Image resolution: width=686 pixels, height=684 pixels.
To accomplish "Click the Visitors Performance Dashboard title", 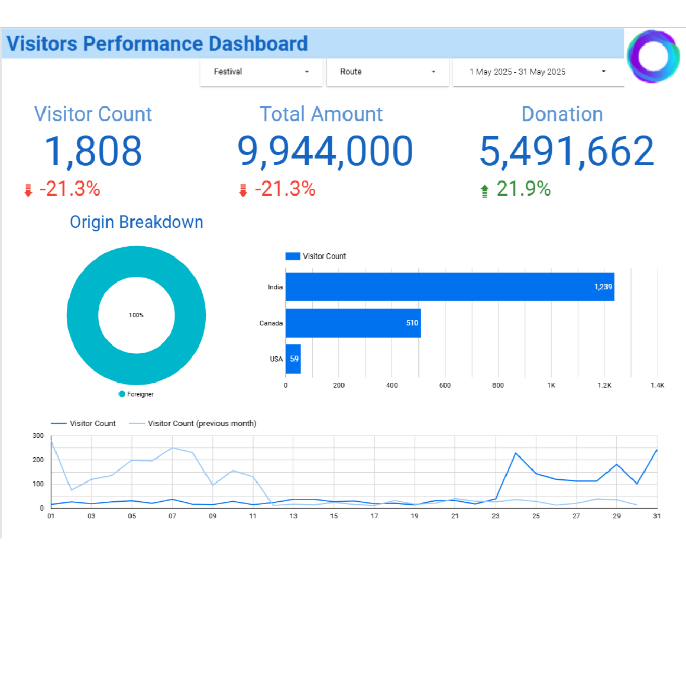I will (157, 44).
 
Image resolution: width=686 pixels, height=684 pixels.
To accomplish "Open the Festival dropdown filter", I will (261, 72).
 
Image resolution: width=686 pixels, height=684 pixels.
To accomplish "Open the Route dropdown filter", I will (387, 72).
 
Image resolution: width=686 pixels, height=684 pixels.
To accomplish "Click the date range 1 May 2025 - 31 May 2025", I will (538, 72).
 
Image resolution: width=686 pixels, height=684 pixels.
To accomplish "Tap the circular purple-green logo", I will (653, 57).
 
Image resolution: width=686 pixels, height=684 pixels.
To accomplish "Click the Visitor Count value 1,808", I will (93, 151).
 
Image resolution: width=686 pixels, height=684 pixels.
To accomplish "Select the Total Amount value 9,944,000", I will (325, 151).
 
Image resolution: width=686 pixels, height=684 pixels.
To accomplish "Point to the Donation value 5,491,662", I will (567, 151).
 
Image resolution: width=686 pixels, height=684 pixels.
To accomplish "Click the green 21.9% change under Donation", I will (523, 189).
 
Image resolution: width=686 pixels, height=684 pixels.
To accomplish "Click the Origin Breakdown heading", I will (137, 222).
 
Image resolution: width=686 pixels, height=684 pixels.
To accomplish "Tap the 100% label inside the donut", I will (136, 315).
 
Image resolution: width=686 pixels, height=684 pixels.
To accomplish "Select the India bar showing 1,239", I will (449, 287).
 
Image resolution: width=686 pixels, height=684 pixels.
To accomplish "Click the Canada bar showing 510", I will (353, 323).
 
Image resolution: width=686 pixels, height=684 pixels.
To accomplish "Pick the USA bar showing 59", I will (293, 359).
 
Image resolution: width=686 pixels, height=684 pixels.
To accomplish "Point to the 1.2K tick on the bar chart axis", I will (604, 385).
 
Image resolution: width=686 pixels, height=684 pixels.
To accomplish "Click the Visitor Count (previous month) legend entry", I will (202, 424).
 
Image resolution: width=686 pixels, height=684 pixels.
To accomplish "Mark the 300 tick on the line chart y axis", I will (38, 435).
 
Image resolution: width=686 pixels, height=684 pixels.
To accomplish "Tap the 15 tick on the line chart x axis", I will (334, 516).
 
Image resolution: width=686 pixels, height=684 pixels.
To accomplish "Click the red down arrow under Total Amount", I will (242, 190).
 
